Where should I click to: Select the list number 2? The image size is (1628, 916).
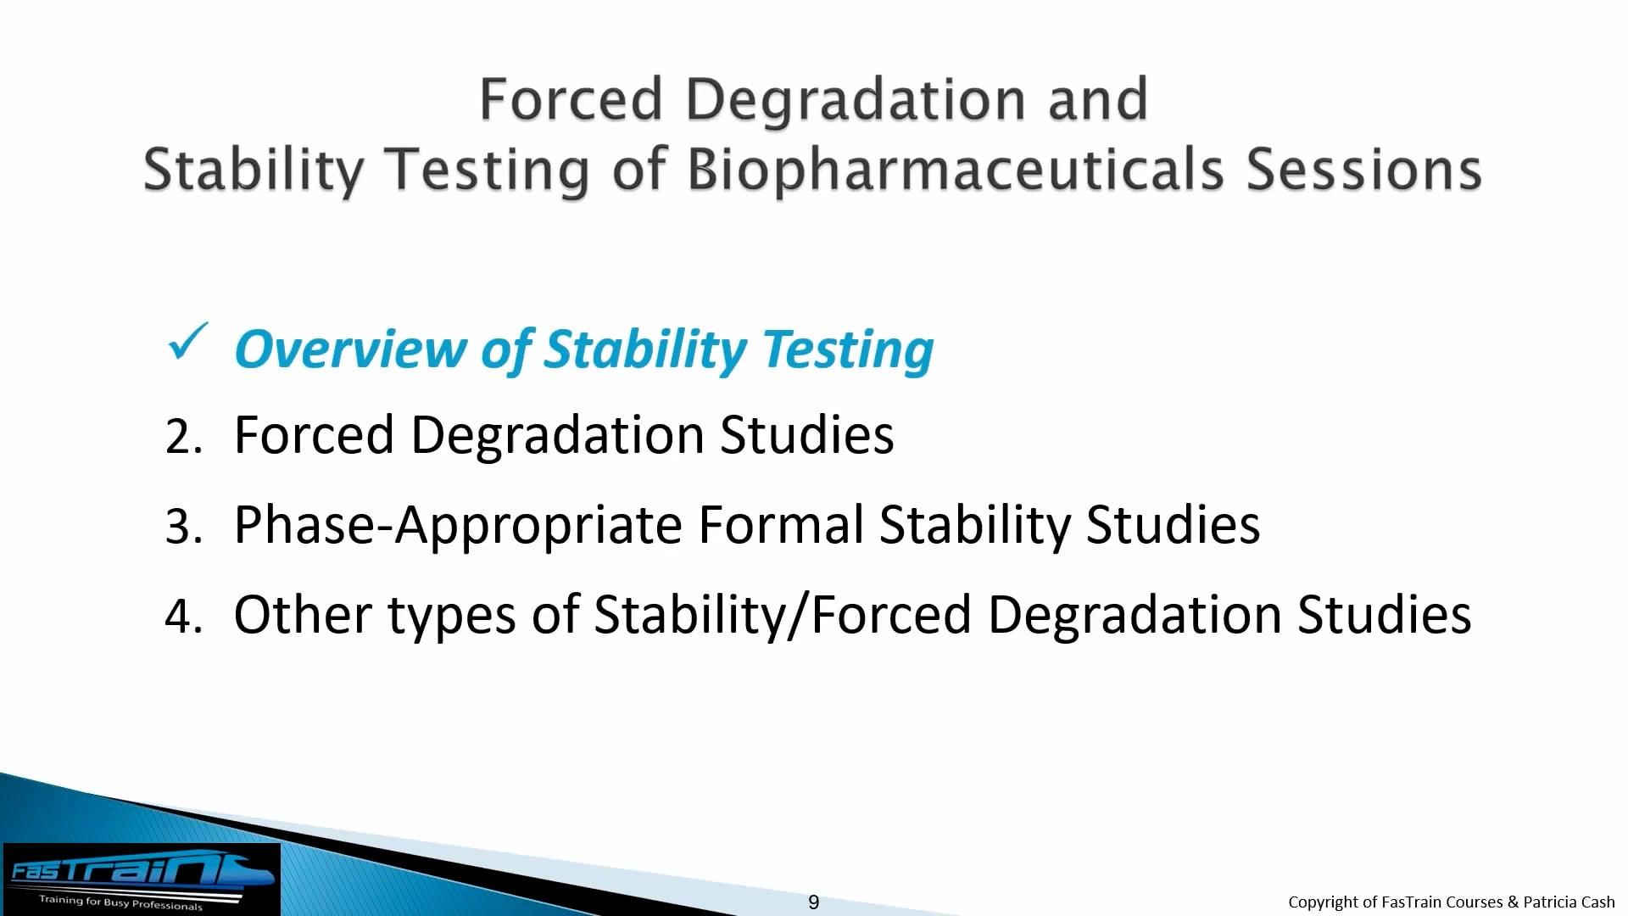click(182, 438)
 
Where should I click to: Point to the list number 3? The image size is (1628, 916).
click(182, 527)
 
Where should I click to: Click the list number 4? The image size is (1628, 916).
click(182, 617)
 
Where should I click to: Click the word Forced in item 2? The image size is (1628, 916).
click(314, 436)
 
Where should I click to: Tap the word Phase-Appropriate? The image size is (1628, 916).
click(458, 526)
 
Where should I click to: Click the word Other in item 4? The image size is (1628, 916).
click(303, 615)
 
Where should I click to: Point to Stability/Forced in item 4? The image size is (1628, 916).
click(782, 616)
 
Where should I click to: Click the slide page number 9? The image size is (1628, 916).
click(813, 902)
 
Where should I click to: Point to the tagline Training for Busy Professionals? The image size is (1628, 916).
click(120, 902)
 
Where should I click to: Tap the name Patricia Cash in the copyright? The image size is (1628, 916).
click(1569, 902)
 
